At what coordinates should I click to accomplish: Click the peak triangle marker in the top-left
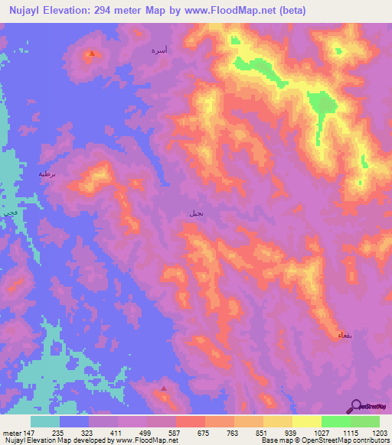click(x=91, y=54)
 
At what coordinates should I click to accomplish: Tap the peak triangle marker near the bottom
click(x=164, y=388)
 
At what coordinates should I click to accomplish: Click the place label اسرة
click(x=158, y=50)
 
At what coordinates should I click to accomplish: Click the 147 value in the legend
click(x=29, y=432)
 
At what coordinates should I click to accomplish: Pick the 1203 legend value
click(x=380, y=432)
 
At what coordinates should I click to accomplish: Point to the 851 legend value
click(x=263, y=432)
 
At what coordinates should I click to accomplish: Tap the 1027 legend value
click(x=321, y=432)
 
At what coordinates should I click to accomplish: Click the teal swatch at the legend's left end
click(x=45, y=421)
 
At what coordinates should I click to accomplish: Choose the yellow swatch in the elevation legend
click(x=306, y=421)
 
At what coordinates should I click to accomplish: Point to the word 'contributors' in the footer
click(x=367, y=441)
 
